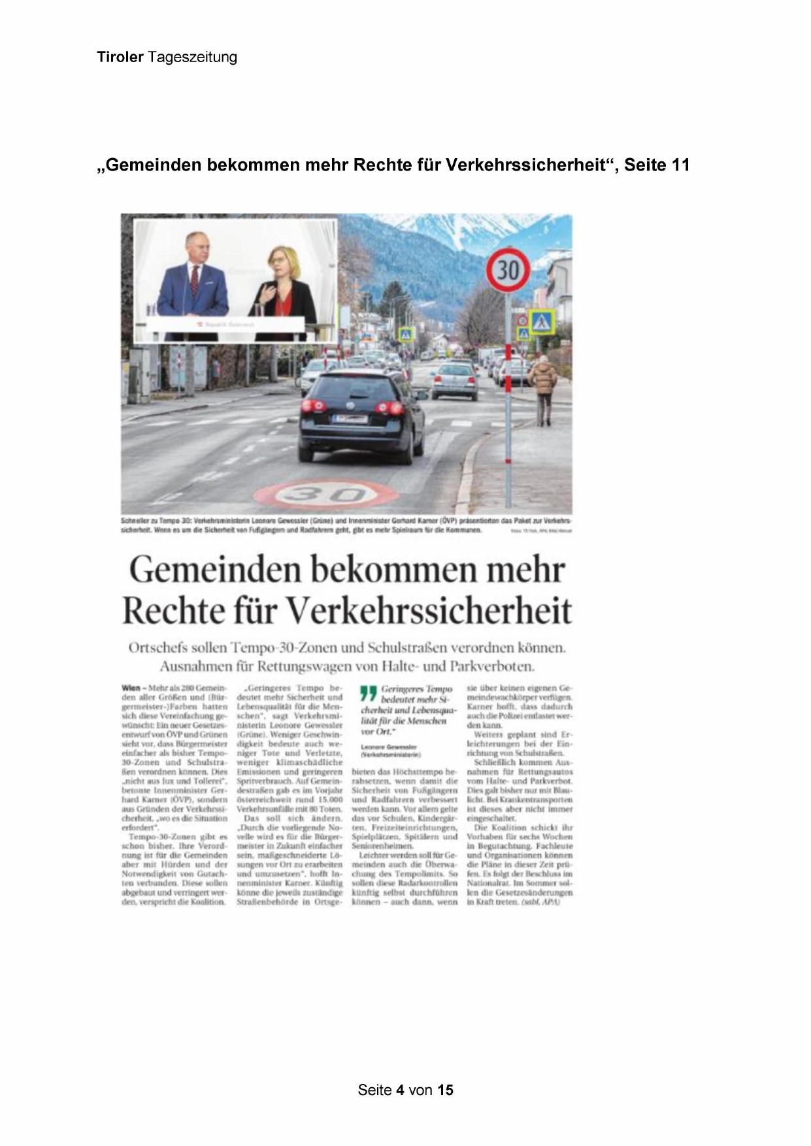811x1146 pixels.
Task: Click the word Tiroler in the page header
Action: pyautogui.click(x=120, y=57)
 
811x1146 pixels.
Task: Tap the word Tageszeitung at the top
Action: pyautogui.click(x=192, y=57)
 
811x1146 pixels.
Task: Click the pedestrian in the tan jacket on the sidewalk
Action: pyautogui.click(x=542, y=381)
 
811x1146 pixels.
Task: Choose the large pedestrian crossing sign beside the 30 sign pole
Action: pyautogui.click(x=542, y=321)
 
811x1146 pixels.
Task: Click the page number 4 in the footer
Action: pyautogui.click(x=400, y=1090)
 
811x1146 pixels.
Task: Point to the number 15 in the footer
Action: pyautogui.click(x=445, y=1090)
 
